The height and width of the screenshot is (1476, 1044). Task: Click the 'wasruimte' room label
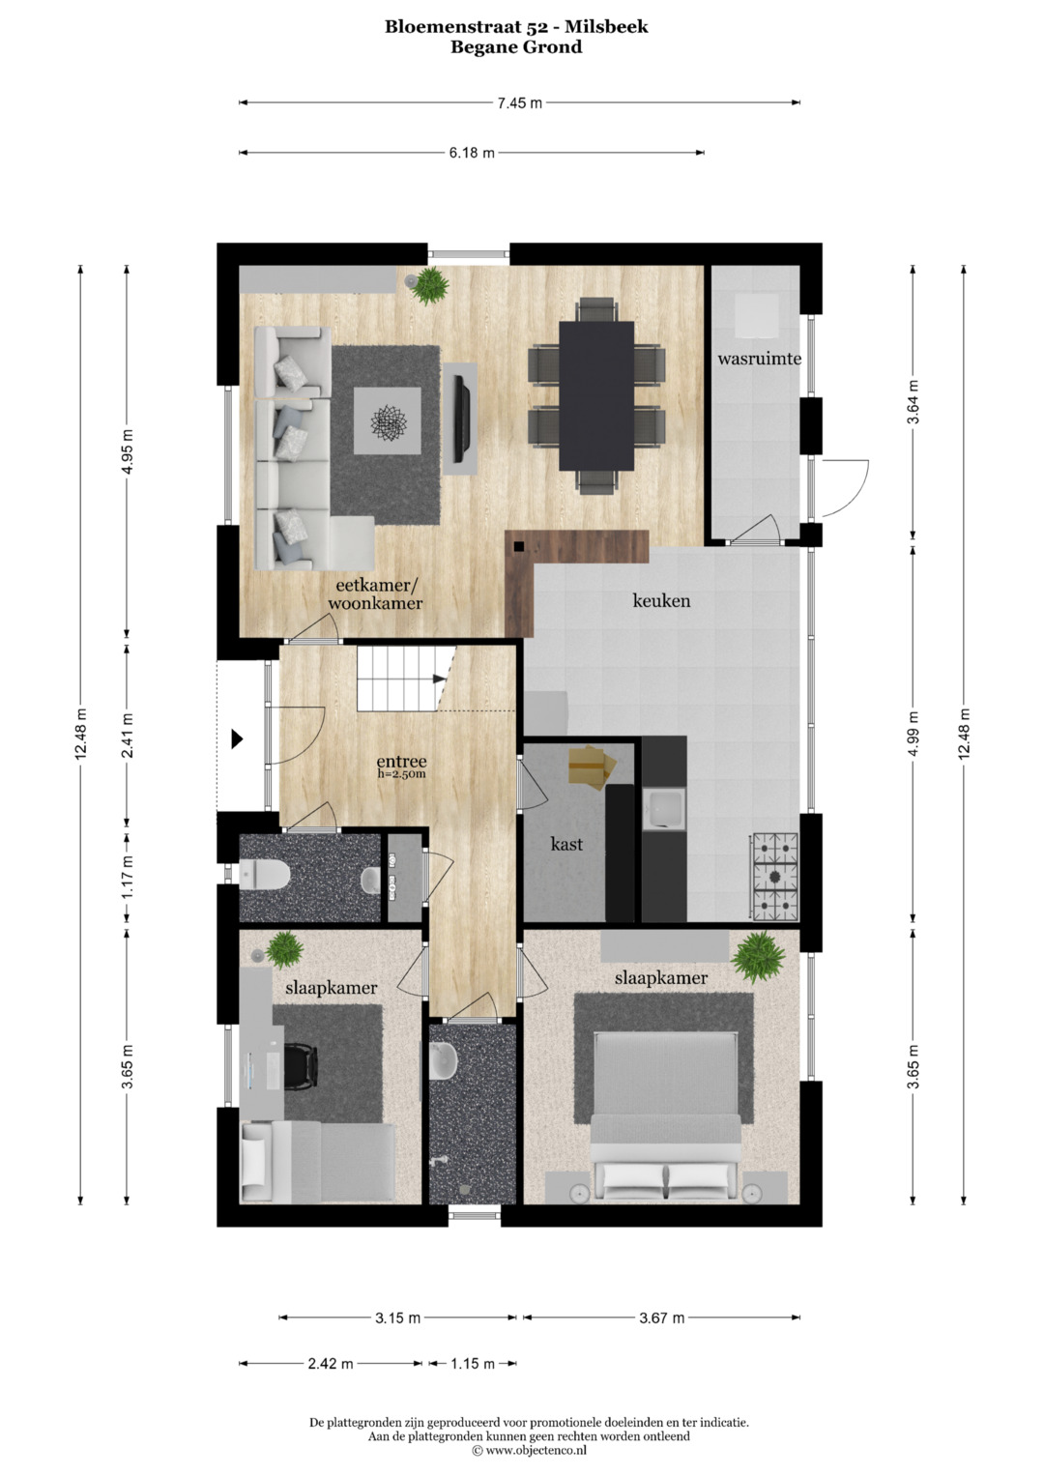(759, 360)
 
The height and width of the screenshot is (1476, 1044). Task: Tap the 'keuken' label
(661, 600)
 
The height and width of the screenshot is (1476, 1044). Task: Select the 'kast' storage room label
(566, 844)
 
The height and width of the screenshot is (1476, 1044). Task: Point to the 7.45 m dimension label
(519, 102)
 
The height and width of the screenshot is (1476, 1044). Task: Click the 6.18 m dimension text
(472, 153)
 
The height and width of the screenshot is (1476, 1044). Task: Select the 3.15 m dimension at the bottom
(397, 1317)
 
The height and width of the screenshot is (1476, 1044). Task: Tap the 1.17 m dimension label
(128, 877)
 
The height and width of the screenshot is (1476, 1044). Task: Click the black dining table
(596, 396)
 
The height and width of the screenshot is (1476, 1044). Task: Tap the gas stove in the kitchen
(774, 877)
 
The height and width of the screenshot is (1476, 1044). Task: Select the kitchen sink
(664, 809)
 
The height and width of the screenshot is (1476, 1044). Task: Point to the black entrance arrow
(237, 739)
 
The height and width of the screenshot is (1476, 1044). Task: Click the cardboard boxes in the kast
(593, 766)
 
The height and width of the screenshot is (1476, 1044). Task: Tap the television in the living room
(460, 418)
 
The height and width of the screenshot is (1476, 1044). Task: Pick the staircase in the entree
(407, 679)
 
